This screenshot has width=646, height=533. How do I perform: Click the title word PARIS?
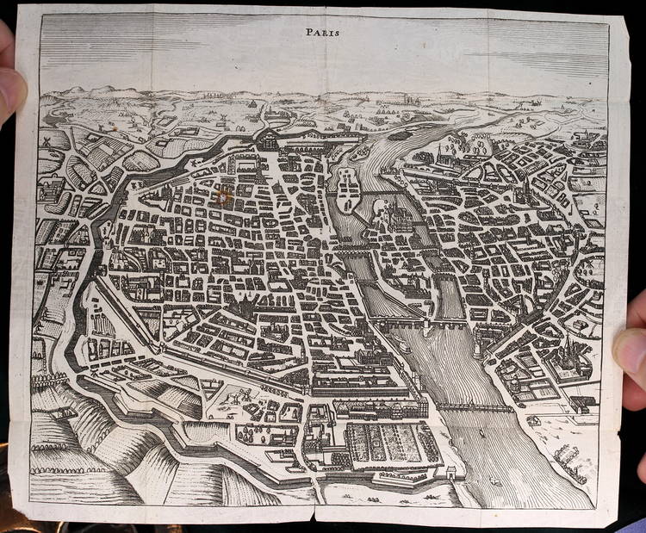tap(323, 32)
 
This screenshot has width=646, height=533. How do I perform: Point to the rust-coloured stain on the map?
tap(225, 196)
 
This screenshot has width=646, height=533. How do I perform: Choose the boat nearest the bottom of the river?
tap(495, 481)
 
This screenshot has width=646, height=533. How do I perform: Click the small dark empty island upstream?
tap(400, 135)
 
